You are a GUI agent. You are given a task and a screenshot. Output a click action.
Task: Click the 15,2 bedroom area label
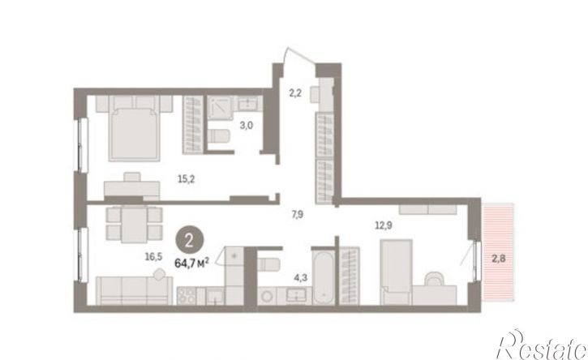[186, 179]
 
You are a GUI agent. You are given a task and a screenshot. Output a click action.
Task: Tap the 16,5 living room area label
[154, 256]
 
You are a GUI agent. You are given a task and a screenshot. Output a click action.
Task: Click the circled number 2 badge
[189, 241]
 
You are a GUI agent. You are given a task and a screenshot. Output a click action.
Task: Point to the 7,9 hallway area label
[298, 215]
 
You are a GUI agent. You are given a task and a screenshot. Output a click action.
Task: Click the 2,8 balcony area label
[498, 259]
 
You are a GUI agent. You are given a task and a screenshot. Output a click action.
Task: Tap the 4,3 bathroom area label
[300, 278]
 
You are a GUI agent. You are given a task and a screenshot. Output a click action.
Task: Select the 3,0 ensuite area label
[247, 125]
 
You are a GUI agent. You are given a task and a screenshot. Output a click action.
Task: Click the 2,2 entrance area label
[295, 92]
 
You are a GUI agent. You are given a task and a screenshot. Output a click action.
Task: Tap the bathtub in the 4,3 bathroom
[324, 277]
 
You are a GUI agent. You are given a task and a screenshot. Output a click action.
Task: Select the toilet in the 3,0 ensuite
[218, 135]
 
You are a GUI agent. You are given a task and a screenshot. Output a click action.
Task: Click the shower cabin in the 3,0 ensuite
[221, 107]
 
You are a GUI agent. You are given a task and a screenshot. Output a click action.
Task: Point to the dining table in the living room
[135, 225]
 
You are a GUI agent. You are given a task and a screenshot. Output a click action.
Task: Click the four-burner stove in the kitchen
[187, 296]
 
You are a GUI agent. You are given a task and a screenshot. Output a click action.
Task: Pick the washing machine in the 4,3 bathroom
[268, 296]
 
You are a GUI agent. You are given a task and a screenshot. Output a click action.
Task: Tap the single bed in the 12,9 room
[397, 272]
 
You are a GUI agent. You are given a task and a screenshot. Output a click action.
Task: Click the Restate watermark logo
[542, 345]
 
